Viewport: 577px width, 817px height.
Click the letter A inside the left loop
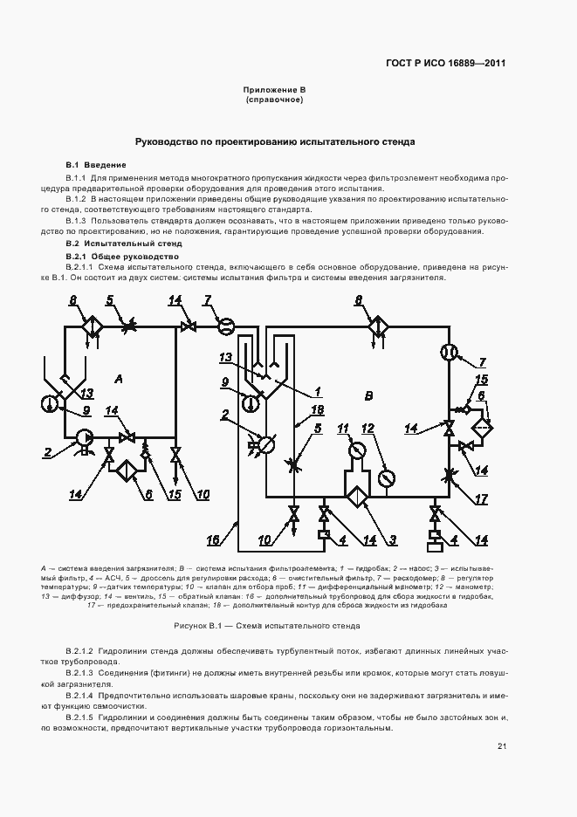pos(118,378)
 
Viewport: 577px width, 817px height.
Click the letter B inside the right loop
pos(368,396)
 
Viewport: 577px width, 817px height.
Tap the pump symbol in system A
pos(86,436)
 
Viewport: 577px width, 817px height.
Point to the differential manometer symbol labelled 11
pos(357,450)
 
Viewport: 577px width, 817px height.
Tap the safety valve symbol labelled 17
pos(450,476)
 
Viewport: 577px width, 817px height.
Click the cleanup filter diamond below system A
pos(127,470)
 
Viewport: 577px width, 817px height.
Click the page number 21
pos(502,746)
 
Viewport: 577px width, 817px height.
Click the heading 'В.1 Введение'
pos(96,164)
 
